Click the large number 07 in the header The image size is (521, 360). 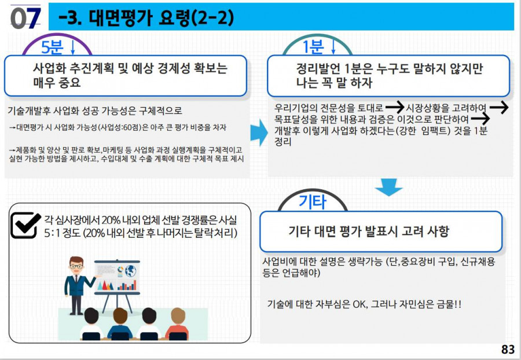tap(25, 18)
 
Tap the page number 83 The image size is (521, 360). tap(508, 349)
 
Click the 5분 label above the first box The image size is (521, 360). tap(52, 47)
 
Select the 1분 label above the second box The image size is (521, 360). tap(313, 47)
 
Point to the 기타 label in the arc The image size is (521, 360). tap(313, 202)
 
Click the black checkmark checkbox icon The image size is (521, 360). tap(25, 225)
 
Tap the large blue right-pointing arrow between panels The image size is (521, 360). tap(259, 133)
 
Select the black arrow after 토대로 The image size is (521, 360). tap(395, 107)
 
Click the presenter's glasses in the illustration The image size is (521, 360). tap(76, 266)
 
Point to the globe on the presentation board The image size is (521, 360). tap(131, 271)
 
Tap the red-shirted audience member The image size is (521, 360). tap(177, 324)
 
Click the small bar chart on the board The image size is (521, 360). tap(127, 285)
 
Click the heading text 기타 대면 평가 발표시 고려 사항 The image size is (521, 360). tap(369, 231)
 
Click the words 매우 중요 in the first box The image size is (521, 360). tap(57, 82)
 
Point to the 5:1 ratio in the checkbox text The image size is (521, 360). tap(52, 233)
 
